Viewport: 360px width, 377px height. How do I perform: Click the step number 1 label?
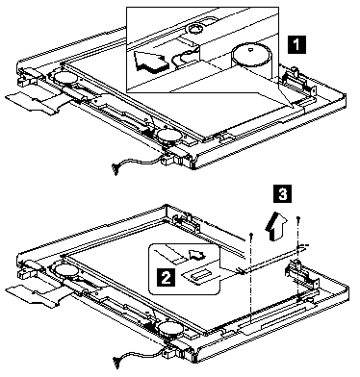[x=296, y=44]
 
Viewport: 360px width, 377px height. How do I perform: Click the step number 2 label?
[x=166, y=277]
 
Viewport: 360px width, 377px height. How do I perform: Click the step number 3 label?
[x=283, y=193]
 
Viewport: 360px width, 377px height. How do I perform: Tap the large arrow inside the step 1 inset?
[x=151, y=61]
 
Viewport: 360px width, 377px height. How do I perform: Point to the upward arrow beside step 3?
[x=275, y=226]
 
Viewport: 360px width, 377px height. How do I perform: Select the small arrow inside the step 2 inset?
[x=196, y=254]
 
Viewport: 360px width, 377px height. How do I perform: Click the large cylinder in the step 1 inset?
[x=252, y=61]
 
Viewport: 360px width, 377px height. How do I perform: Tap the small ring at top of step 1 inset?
[x=195, y=29]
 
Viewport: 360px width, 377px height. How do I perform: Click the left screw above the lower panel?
[x=251, y=238]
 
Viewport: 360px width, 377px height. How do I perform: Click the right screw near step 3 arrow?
[x=298, y=219]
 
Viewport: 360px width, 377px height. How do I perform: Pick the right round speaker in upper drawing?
[x=169, y=136]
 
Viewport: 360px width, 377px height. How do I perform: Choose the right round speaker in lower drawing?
[x=170, y=330]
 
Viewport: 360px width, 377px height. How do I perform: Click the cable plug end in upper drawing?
[x=115, y=168]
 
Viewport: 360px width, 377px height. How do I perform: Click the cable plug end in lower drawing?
[x=116, y=362]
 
